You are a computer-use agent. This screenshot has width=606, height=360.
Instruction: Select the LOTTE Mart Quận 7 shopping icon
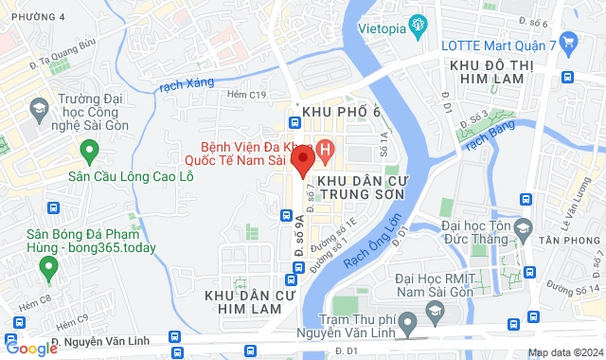(x=568, y=42)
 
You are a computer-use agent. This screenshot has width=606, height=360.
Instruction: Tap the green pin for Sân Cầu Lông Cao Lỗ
(x=90, y=151)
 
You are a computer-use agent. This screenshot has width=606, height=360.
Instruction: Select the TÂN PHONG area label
(x=572, y=242)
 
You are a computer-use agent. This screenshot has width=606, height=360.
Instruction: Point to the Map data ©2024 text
(x=564, y=352)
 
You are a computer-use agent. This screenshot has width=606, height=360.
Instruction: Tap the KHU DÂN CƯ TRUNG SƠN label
(x=361, y=186)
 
